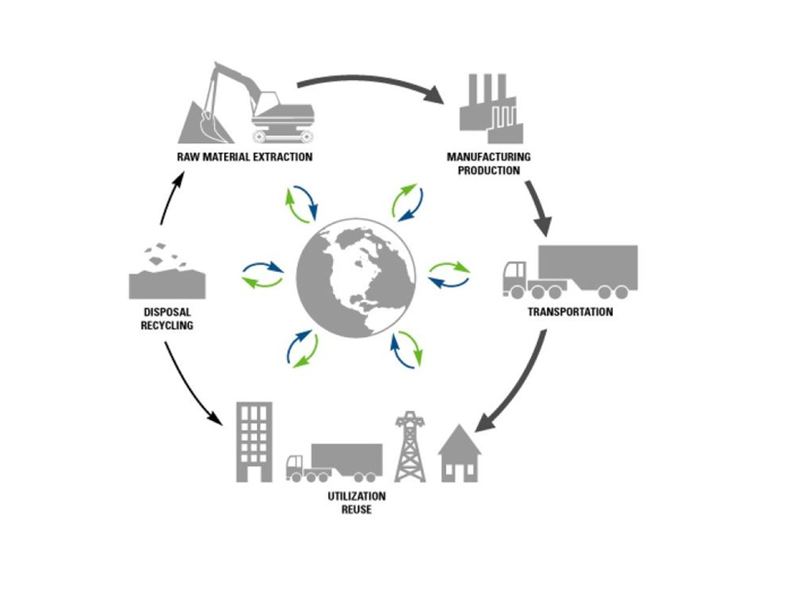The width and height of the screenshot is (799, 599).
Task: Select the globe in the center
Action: pos(356,276)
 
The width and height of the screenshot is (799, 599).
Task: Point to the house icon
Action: pos(459,456)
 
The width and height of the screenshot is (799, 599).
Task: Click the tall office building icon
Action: pos(254,442)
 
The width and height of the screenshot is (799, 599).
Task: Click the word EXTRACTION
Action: pos(281,157)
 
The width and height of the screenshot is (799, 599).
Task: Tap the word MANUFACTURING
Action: pos(489,157)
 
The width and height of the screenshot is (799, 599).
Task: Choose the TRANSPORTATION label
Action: pos(570,313)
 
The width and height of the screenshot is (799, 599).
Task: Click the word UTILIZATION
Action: pos(355,497)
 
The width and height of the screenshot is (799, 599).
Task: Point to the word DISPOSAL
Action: pos(167,313)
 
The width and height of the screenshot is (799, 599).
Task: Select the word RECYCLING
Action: pos(167,325)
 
